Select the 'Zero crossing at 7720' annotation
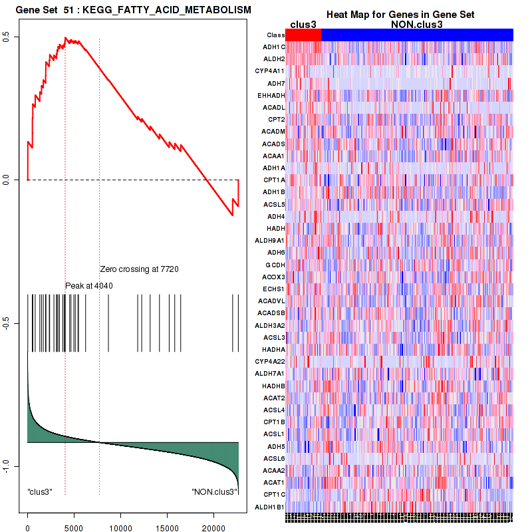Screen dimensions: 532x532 140,269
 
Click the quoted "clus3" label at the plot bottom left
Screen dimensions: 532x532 40,492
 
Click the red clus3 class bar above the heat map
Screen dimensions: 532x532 303,35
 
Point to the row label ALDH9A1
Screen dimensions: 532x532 271,240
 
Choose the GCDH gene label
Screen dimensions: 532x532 275,265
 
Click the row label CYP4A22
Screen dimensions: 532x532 270,361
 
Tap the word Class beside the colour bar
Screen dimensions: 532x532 275,35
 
